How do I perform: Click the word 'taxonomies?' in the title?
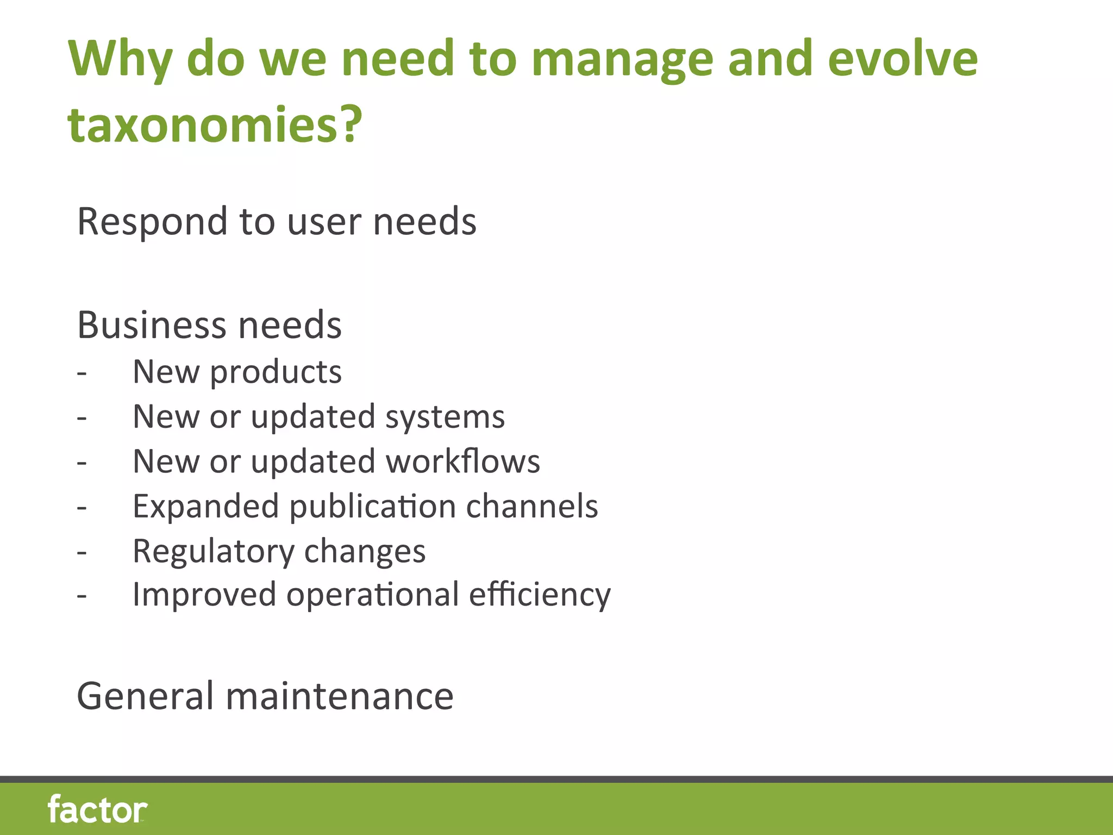(x=215, y=124)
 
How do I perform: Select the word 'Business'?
(x=152, y=325)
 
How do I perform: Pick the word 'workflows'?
(x=463, y=462)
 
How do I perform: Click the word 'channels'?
(x=532, y=506)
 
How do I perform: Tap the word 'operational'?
(x=373, y=595)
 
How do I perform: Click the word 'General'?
(x=146, y=696)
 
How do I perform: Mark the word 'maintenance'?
(x=340, y=696)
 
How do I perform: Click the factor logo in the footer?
(x=98, y=809)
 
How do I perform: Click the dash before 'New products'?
(x=82, y=373)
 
